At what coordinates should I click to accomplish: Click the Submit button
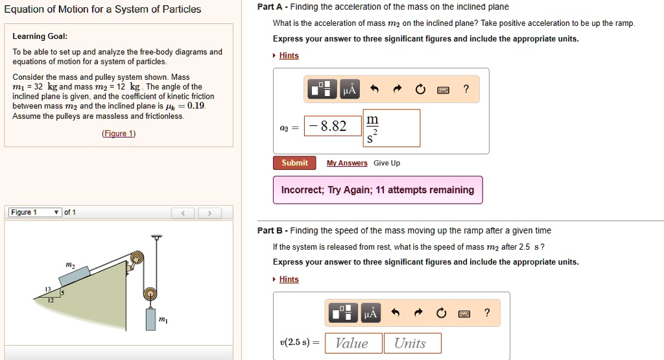(294, 163)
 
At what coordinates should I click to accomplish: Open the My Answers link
(347, 163)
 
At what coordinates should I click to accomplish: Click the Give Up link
(386, 163)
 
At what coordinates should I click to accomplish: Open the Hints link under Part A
(289, 56)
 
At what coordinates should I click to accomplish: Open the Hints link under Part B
(289, 280)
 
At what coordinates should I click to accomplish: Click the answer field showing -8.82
(330, 126)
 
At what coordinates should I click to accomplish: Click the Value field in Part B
(351, 343)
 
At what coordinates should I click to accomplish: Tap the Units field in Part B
(412, 343)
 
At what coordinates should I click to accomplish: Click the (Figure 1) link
(119, 134)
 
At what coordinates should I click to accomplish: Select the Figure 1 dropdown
(36, 213)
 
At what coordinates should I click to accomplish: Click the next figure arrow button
(210, 213)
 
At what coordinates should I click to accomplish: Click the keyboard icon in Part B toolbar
(464, 314)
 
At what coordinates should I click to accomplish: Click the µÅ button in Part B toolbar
(370, 314)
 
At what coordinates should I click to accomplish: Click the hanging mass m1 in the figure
(150, 320)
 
